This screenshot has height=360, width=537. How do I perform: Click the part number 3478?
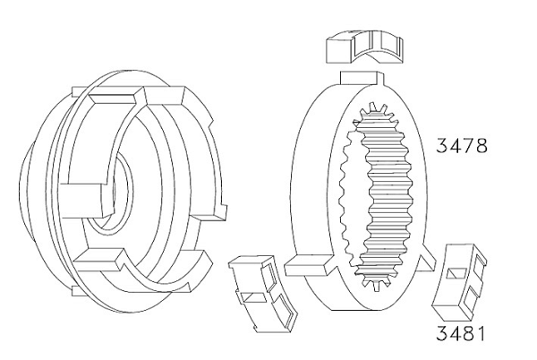[x=461, y=146]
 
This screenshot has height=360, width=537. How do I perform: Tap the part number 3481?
[x=461, y=334]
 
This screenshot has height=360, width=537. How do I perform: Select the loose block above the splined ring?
[x=364, y=47]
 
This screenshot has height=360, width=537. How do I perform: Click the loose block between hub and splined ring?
[x=262, y=294]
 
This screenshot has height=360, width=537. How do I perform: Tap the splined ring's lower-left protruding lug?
[x=310, y=265]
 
